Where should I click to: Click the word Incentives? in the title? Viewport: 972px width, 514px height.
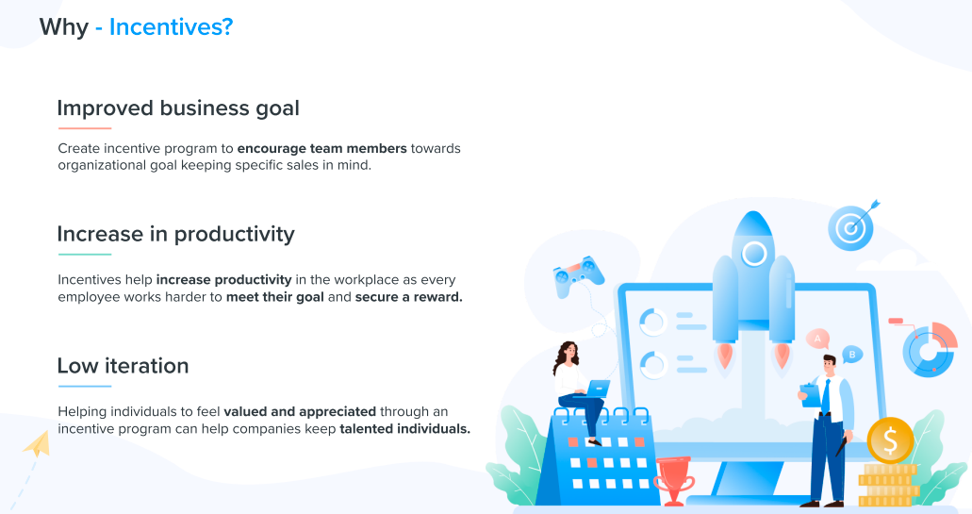[171, 27]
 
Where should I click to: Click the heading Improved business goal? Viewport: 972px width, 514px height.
[178, 108]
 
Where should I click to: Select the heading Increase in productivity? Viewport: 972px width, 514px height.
[175, 234]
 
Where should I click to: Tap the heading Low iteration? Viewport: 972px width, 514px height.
[123, 366]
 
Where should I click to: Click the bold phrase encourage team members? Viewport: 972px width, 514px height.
[321, 149]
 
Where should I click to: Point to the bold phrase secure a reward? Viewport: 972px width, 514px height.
[408, 297]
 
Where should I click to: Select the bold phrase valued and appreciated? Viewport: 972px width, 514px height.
[300, 412]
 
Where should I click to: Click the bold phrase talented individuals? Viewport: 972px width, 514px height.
[404, 429]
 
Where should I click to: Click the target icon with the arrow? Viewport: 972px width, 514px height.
[851, 227]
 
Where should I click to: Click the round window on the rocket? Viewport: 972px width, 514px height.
[753, 253]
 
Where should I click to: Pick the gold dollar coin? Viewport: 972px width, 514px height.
[890, 439]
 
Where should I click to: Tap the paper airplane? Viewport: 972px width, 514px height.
[37, 443]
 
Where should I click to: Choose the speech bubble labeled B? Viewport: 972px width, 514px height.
[851, 355]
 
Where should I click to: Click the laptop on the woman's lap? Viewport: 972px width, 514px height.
[597, 388]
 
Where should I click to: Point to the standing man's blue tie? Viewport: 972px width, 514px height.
[826, 396]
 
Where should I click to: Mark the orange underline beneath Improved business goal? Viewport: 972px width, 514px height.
[84, 128]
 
